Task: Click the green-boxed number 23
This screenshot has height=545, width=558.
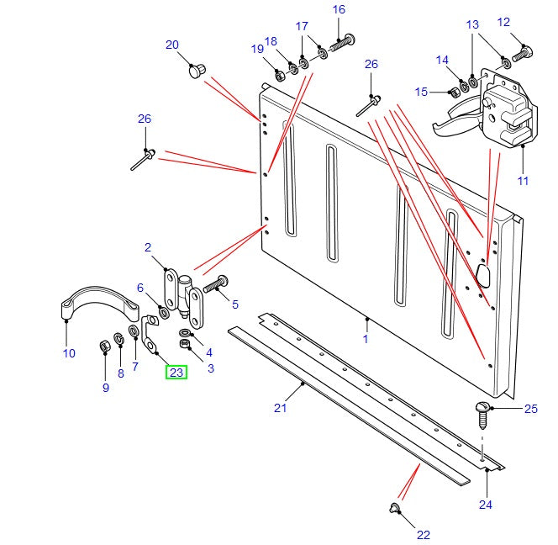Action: point(176,371)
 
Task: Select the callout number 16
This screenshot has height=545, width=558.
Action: point(339,10)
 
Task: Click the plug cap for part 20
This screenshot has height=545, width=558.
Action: point(196,71)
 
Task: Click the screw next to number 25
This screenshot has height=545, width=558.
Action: point(482,413)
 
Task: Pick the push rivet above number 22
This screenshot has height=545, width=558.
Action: point(394,507)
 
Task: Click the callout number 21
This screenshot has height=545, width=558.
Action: point(280,409)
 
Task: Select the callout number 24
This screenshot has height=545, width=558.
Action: point(486,505)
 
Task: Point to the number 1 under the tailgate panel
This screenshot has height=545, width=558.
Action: point(366,339)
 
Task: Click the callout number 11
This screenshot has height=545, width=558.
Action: point(523,180)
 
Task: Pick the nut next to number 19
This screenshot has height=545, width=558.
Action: point(280,75)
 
